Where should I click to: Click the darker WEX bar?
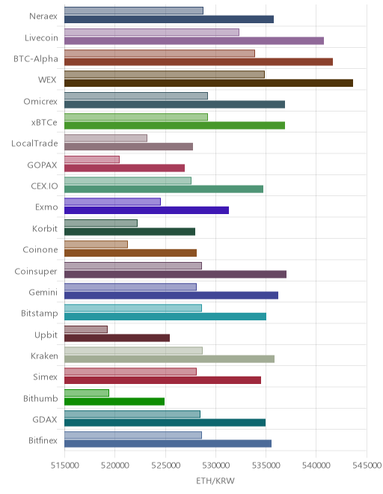click(x=209, y=83)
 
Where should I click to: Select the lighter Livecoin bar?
click(x=152, y=32)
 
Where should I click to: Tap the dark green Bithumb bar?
click(x=114, y=401)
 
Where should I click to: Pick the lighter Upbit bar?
click(x=86, y=329)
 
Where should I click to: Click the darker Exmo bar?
click(x=147, y=210)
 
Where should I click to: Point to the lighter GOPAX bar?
click(x=92, y=159)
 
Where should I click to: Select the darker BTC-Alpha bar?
click(x=198, y=61)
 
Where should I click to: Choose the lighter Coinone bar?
click(x=96, y=244)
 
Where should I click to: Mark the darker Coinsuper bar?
click(x=176, y=274)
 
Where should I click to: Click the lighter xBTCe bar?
click(x=136, y=117)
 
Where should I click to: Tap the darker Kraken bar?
click(x=170, y=359)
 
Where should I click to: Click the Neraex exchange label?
click(x=43, y=16)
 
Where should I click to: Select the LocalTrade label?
click(x=34, y=144)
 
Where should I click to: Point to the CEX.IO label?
click(x=44, y=186)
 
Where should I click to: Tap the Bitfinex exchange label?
click(x=43, y=440)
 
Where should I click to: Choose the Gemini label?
click(x=43, y=292)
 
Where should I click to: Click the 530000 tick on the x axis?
click(x=215, y=465)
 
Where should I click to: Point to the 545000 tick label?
click(x=367, y=465)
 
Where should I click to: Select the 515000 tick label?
click(x=64, y=465)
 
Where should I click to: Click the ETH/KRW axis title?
click(x=215, y=481)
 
